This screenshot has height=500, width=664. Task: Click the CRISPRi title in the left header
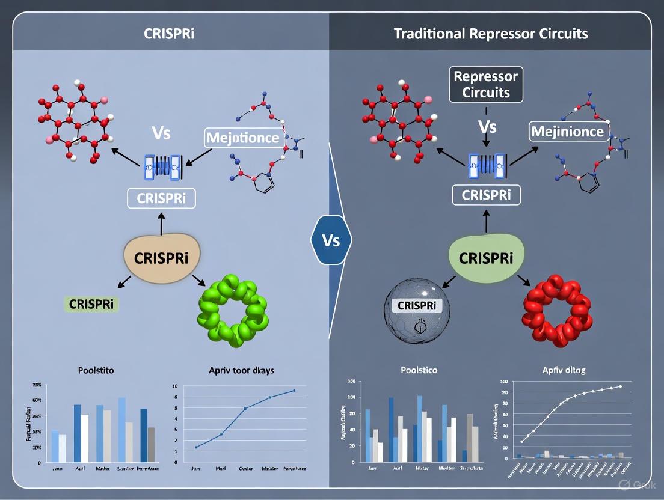click(169, 32)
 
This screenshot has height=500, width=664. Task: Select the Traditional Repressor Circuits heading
click(490, 32)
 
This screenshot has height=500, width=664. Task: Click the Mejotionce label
click(242, 138)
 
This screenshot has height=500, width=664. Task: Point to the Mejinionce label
click(567, 131)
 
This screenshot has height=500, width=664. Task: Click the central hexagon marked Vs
click(331, 240)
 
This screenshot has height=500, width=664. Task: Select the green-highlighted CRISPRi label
click(91, 304)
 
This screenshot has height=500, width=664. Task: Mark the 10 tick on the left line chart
click(175, 386)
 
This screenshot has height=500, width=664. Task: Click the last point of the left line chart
click(294, 391)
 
